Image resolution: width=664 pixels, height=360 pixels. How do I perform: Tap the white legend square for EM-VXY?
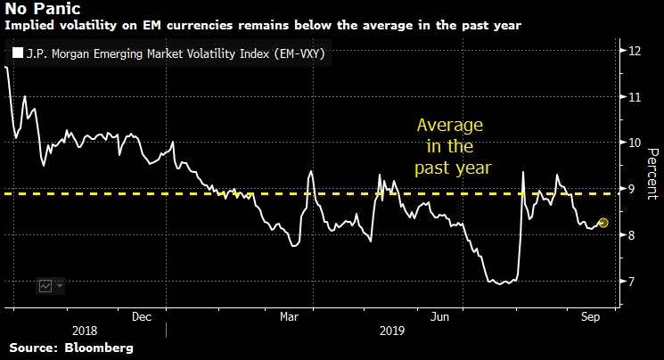(x=16, y=54)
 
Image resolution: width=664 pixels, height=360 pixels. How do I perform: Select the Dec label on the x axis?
(x=141, y=315)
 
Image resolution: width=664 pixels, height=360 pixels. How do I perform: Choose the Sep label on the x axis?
(x=589, y=315)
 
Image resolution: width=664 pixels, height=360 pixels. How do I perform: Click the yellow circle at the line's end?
(x=603, y=223)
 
